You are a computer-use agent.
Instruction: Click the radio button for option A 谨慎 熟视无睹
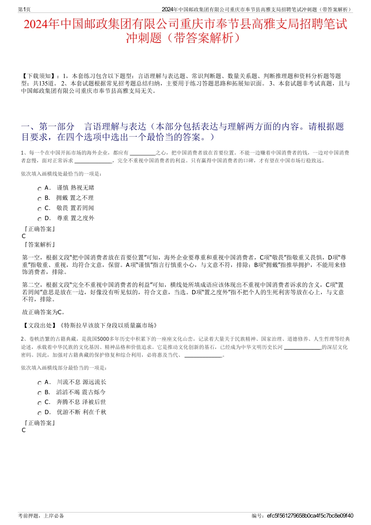(40, 189)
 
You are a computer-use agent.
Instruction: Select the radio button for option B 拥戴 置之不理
(40, 199)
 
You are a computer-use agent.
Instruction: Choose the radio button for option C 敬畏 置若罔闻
(40, 209)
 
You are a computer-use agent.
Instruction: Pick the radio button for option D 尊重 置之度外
(40, 219)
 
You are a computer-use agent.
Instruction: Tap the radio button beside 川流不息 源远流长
(40, 383)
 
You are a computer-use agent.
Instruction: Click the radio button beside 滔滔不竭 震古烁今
(40, 393)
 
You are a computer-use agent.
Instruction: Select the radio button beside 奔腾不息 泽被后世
(40, 403)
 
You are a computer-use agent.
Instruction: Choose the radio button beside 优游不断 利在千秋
(40, 413)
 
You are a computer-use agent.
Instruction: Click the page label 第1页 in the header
(25, 9)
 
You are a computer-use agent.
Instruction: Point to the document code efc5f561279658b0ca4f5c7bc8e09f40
(310, 516)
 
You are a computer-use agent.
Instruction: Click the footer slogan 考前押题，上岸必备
(41, 516)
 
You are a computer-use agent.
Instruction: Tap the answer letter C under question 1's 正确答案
(24, 236)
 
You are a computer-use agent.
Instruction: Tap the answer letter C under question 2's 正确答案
(24, 430)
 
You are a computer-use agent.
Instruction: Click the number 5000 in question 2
(103, 339)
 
